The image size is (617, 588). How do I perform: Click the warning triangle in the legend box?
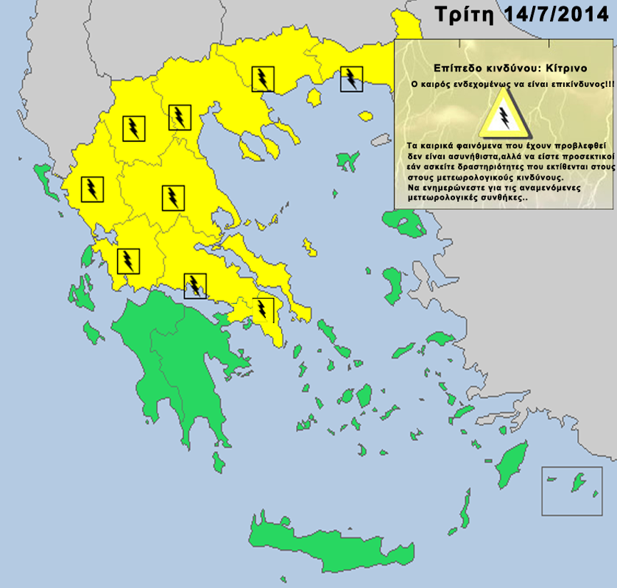pos(504,116)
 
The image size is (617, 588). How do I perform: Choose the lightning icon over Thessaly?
pos(172,197)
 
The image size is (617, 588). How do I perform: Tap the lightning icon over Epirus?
pos(92,189)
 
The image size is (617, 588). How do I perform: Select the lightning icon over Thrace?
pos(351,78)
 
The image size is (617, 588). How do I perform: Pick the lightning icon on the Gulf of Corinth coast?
pos(195,285)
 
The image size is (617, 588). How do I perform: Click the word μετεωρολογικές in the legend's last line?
pos(443,199)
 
